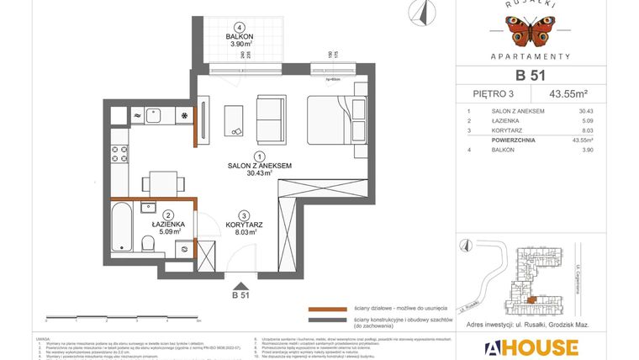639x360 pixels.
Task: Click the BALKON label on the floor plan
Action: pyautogui.click(x=240, y=37)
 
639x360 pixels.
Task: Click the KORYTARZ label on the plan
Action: pyautogui.click(x=244, y=225)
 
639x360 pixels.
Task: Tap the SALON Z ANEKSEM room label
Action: pyautogui.click(x=260, y=167)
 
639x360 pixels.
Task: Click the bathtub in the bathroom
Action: pyautogui.click(x=123, y=225)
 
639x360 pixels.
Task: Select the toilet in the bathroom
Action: pyautogui.click(x=149, y=243)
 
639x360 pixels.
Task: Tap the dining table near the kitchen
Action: pyautogui.click(x=159, y=183)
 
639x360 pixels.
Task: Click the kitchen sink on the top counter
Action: pyautogui.click(x=153, y=115)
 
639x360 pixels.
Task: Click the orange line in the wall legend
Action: pyautogui.click(x=327, y=308)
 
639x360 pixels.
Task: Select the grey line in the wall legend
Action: pyautogui.click(x=327, y=320)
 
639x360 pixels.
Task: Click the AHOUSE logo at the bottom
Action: pyautogui.click(x=531, y=347)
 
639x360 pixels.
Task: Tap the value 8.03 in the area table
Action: pyautogui.click(x=586, y=130)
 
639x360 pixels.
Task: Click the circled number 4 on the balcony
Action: pyautogui.click(x=240, y=27)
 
